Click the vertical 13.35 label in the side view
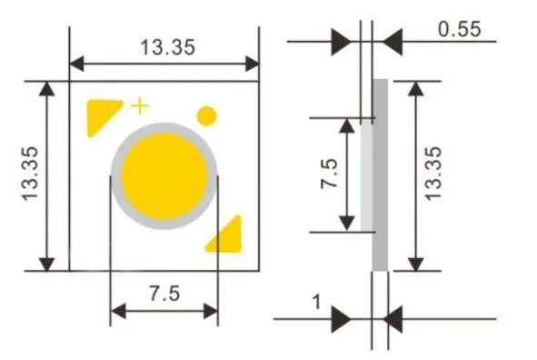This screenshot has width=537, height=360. pos(433,173)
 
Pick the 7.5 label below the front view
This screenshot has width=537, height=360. pos(164,293)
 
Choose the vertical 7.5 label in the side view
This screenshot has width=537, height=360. pos(330,173)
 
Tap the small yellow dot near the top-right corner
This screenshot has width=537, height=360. pos(207,115)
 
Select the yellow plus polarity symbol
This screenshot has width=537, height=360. pos(139,105)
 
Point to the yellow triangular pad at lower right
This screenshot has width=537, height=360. pos(227,234)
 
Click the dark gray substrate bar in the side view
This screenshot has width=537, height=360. pos(381,175)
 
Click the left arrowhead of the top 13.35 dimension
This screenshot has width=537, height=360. pos(78,63)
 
